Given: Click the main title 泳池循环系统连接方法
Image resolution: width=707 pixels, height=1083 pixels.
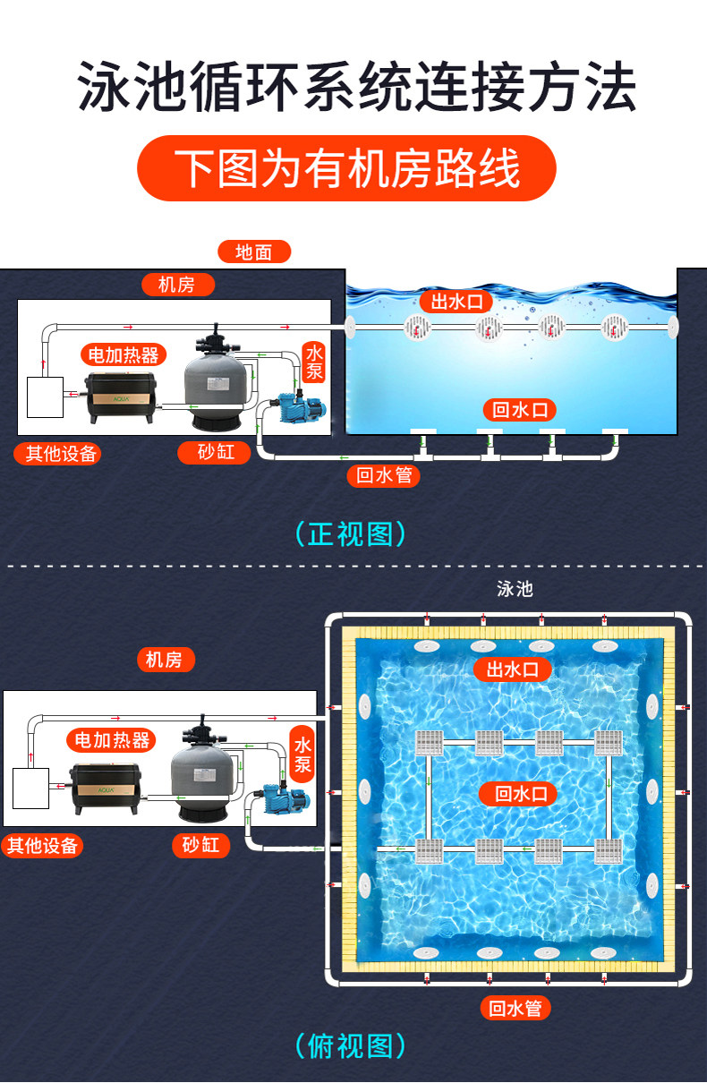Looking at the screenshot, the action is click(355, 87).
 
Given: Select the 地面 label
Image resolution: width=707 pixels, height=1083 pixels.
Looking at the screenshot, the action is click(253, 252).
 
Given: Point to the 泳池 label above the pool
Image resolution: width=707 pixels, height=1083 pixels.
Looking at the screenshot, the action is click(515, 588).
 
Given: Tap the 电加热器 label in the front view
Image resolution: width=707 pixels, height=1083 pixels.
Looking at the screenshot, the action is click(124, 354).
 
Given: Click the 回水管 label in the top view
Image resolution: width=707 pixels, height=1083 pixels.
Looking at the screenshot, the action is click(515, 1008).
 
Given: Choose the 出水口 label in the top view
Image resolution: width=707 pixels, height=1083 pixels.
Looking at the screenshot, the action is click(512, 669).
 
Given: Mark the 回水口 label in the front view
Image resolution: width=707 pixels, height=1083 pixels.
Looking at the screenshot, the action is click(519, 410).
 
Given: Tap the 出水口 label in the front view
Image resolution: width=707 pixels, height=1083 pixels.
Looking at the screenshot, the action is click(456, 302).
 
